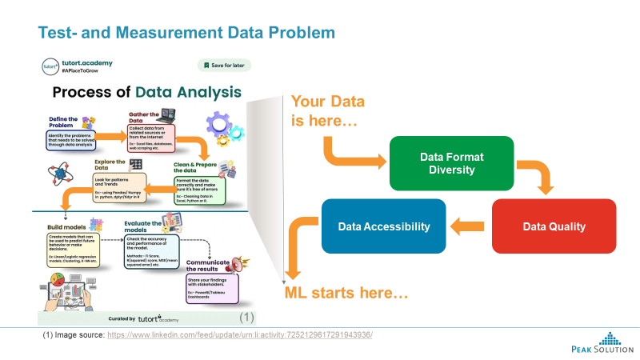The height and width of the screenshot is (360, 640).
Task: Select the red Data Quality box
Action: (x=554, y=226)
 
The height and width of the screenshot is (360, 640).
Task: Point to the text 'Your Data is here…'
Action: (x=328, y=112)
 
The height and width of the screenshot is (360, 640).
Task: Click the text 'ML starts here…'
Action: (x=346, y=294)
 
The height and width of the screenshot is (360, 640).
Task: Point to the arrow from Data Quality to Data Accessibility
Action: (x=466, y=226)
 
